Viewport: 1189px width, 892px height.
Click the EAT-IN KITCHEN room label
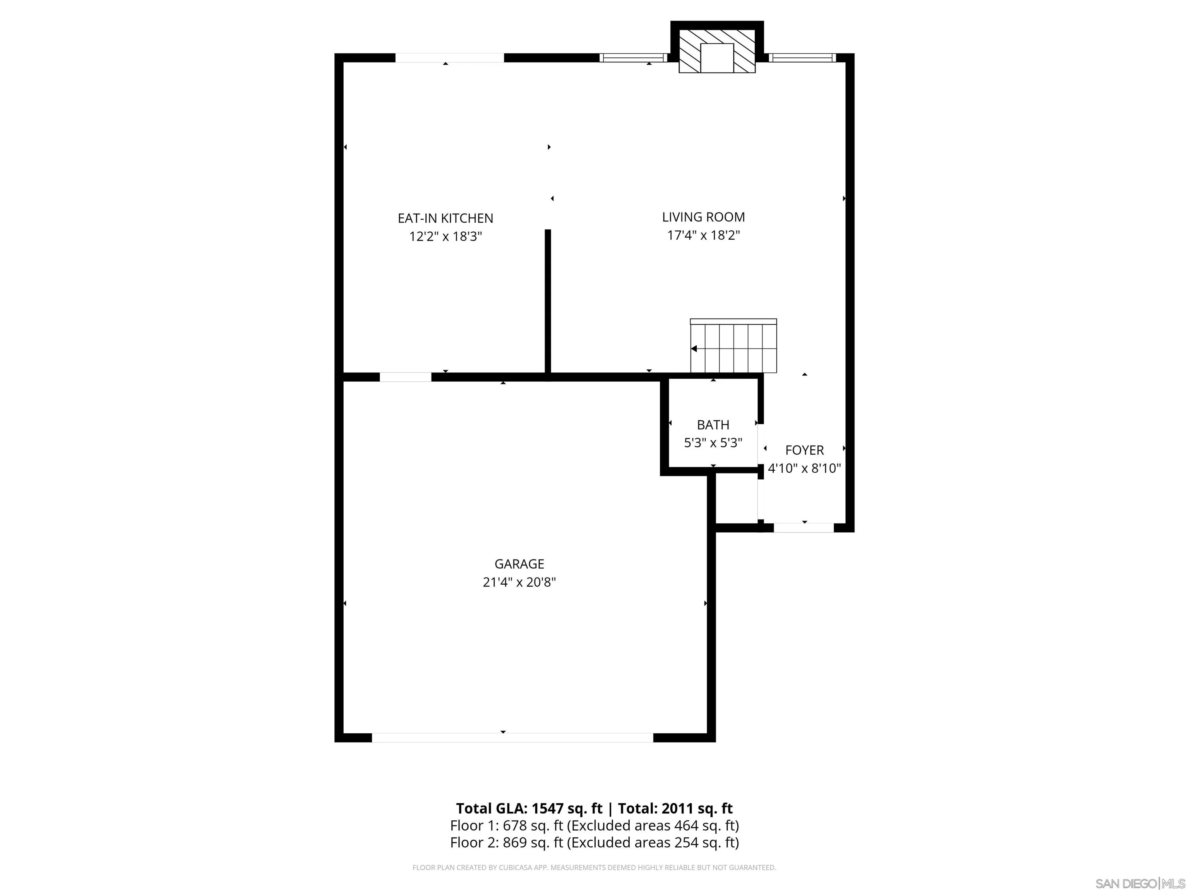(x=445, y=218)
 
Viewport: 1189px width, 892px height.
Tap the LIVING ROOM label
(x=703, y=217)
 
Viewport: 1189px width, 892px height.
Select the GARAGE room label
(x=519, y=564)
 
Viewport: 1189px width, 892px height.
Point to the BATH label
(x=713, y=425)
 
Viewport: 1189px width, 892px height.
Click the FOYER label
(x=804, y=450)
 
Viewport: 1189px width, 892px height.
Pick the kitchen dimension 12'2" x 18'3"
(x=445, y=237)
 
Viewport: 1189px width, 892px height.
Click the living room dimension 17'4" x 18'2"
(x=703, y=235)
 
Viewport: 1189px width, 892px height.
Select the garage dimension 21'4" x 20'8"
(x=519, y=582)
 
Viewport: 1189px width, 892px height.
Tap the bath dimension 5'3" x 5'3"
(x=713, y=443)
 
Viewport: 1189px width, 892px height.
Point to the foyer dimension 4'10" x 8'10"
(x=804, y=468)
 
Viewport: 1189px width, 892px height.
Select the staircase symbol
(x=733, y=346)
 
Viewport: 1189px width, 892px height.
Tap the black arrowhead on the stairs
(x=694, y=349)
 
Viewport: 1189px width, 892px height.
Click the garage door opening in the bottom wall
(x=512, y=738)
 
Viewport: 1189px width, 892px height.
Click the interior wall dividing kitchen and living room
(x=548, y=301)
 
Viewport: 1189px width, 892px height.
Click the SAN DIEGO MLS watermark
(x=1139, y=883)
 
